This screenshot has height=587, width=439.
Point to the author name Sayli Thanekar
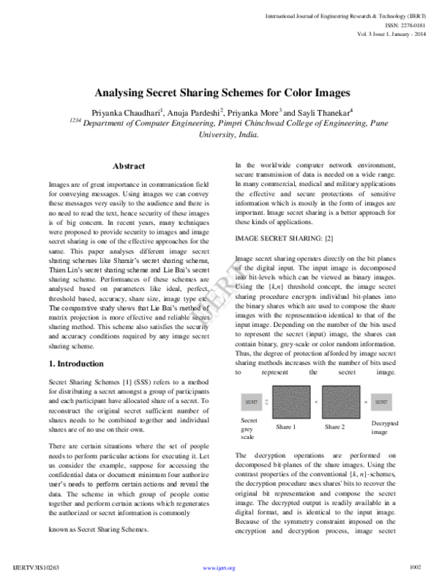pyautogui.click(x=326, y=113)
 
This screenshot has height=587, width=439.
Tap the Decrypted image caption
pyautogui.click(x=384, y=428)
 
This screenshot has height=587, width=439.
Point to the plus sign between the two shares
pyautogui.click(x=314, y=402)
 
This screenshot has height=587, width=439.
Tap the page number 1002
pyautogui.click(x=416, y=566)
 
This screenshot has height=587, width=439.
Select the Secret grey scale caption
pyautogui.click(x=249, y=428)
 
